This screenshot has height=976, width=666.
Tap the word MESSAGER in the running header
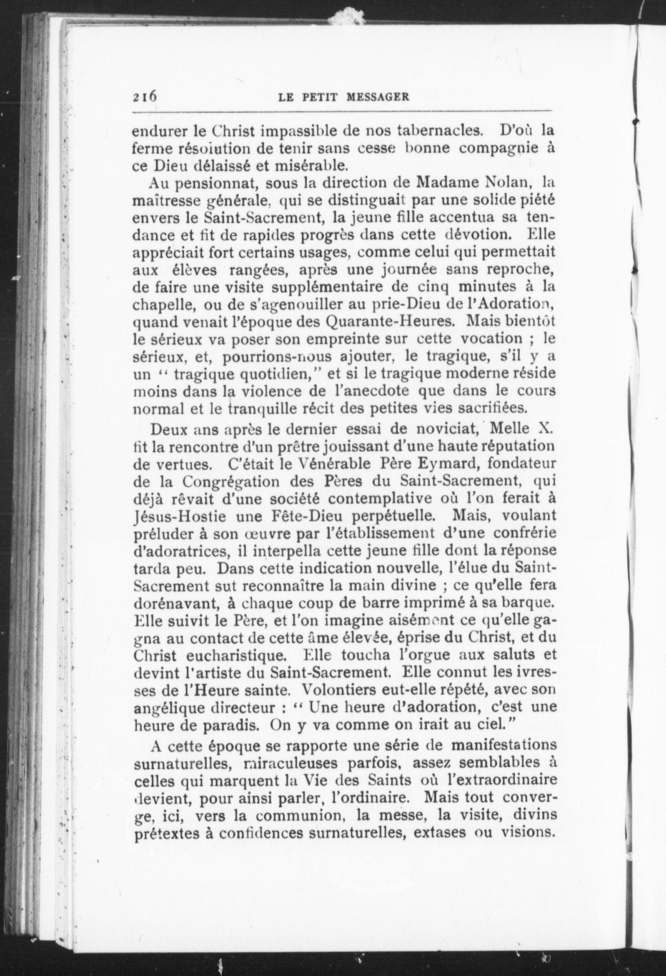point(378,97)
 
